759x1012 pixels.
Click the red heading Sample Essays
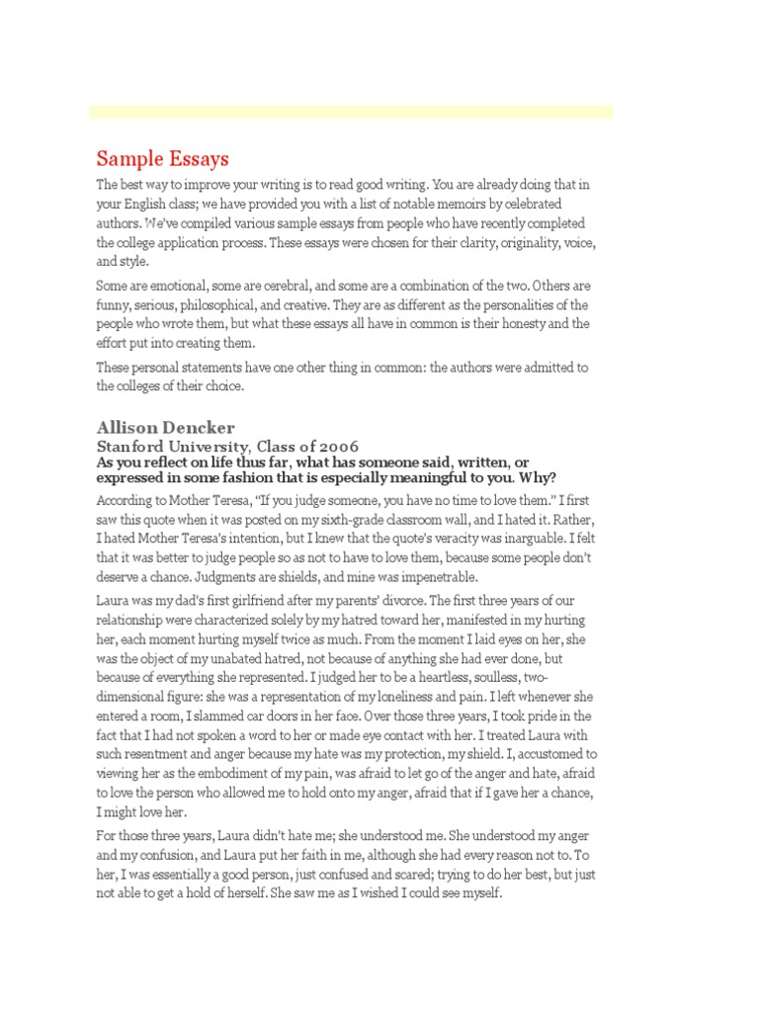[x=162, y=158]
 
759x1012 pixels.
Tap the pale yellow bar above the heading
[x=351, y=112]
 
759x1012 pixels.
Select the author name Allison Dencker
[x=165, y=427]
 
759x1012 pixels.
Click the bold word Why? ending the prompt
[x=534, y=478]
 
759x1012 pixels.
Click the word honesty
[x=483, y=323]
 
